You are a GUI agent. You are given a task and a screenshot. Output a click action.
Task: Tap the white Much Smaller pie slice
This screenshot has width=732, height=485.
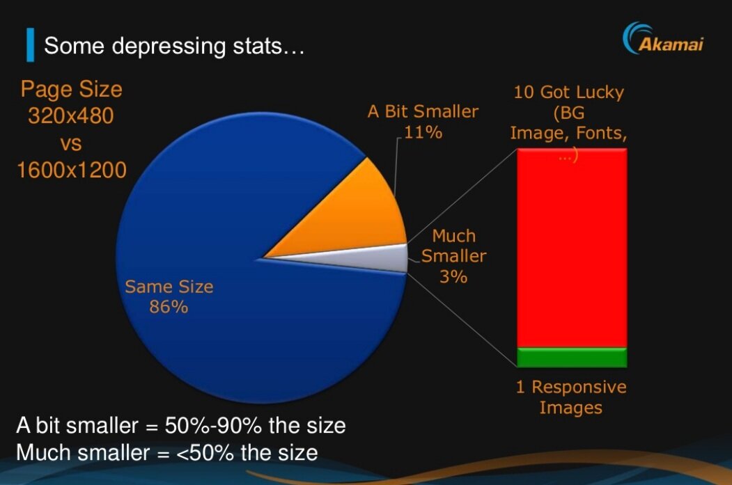pos(390,258)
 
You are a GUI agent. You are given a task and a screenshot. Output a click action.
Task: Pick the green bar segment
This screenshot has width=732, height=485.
pos(572,357)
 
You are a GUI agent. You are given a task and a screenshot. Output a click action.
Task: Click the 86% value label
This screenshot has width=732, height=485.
pos(169,306)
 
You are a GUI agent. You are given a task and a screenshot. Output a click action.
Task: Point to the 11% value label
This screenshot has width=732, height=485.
pos(423,132)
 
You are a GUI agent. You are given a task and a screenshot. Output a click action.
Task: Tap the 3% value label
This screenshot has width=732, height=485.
pos(453,276)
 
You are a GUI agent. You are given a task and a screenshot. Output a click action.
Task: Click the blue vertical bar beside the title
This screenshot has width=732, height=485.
pos(30,46)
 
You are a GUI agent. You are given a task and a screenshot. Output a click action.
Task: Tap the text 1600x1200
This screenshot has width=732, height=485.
pos(72,169)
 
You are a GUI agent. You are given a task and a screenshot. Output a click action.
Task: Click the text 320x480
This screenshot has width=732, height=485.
pos(70,116)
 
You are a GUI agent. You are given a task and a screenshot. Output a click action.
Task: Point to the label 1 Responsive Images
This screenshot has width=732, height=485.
pos(571,397)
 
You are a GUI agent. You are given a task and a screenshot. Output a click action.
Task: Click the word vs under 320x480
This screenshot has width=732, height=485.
pos(71,143)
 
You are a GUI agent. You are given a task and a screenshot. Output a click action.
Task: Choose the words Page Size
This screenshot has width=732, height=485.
pos(71,89)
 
